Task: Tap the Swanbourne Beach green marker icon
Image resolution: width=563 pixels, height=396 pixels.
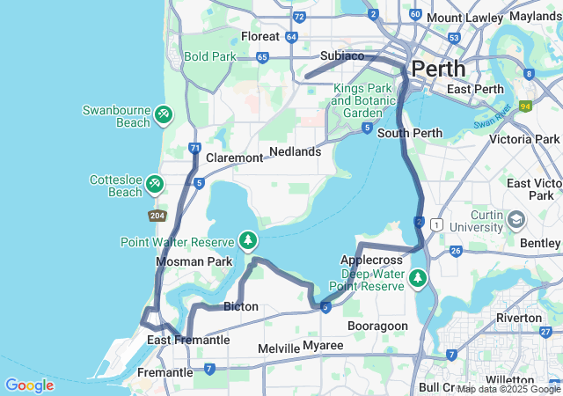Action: pyautogui.click(x=163, y=114)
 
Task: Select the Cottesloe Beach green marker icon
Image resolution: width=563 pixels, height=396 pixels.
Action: pyautogui.click(x=155, y=183)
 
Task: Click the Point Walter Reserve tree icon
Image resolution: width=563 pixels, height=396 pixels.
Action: pyautogui.click(x=249, y=240)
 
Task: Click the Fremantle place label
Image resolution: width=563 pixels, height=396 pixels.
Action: pyautogui.click(x=165, y=372)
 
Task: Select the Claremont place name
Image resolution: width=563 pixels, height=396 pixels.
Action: pyautogui.click(x=234, y=158)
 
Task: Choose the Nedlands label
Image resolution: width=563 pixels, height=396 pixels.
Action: pyautogui.click(x=295, y=151)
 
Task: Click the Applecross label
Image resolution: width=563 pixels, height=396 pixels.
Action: pyautogui.click(x=371, y=260)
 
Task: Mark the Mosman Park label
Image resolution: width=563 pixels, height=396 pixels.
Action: pyautogui.click(x=194, y=262)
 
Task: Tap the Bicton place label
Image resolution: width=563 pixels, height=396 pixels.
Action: pyautogui.click(x=241, y=307)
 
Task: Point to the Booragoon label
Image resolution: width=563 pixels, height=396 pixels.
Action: pyautogui.click(x=378, y=326)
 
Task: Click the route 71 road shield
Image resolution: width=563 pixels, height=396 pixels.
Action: pyautogui.click(x=195, y=149)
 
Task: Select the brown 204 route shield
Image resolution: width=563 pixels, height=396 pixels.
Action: pyautogui.click(x=157, y=216)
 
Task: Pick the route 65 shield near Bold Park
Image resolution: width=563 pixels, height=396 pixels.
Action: pyautogui.click(x=262, y=57)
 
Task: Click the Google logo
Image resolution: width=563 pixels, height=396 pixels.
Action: pyautogui.click(x=29, y=385)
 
